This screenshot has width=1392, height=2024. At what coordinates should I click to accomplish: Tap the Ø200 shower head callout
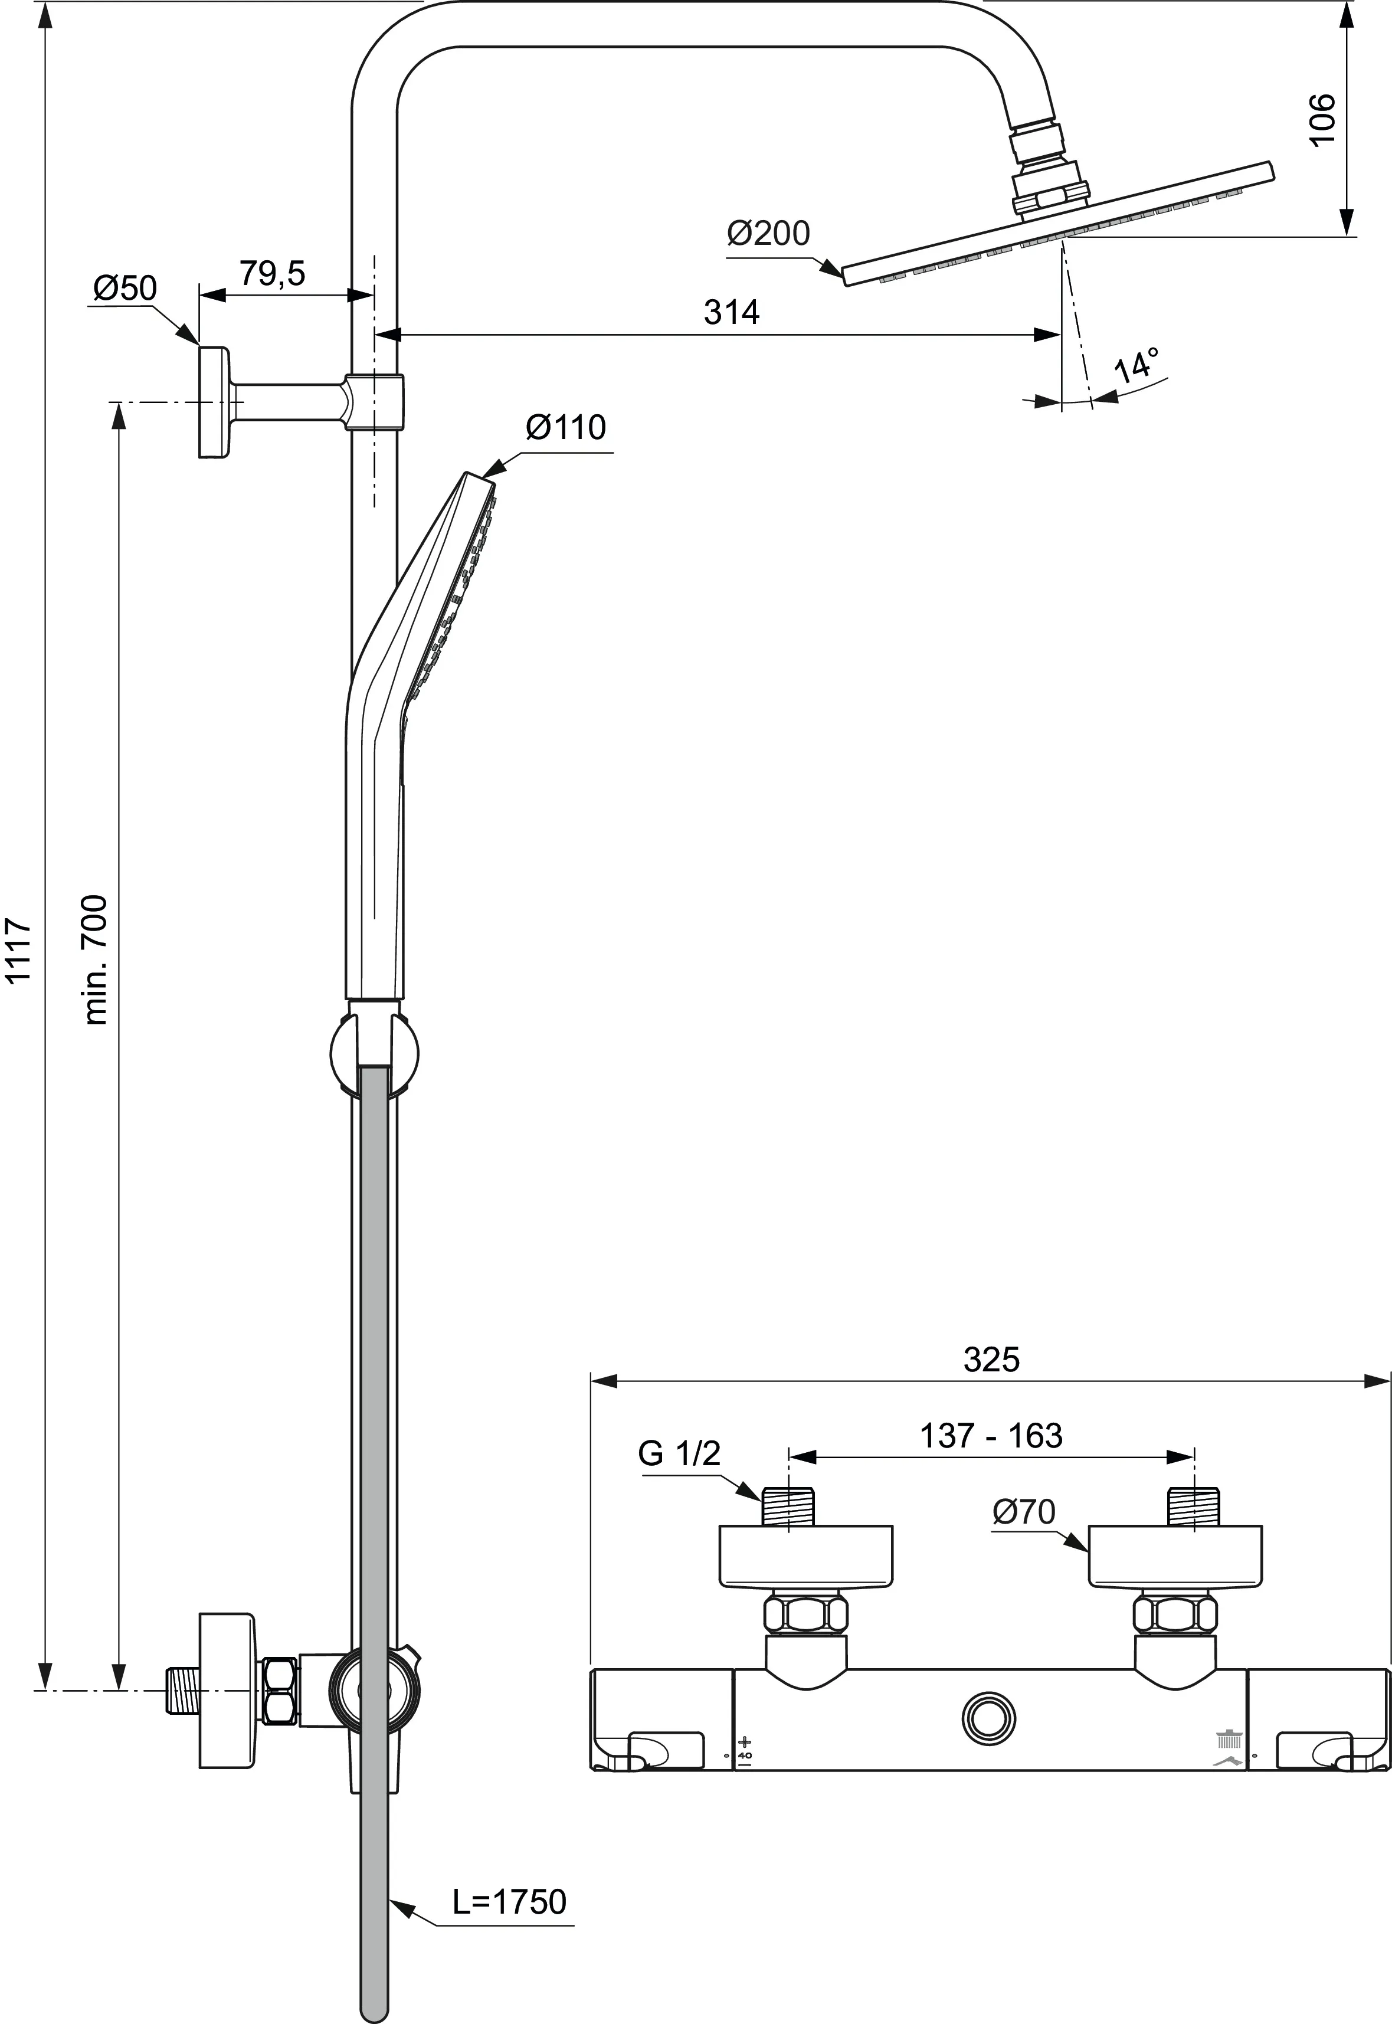tap(768, 233)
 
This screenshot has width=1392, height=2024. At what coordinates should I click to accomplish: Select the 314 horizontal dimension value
tap(732, 312)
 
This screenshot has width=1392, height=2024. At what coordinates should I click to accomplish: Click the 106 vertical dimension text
tap(1322, 119)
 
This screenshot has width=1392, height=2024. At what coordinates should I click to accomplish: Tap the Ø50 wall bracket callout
tap(125, 288)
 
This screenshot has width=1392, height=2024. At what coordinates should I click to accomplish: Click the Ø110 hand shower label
tap(565, 428)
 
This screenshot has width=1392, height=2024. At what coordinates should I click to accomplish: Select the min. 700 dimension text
tap(96, 959)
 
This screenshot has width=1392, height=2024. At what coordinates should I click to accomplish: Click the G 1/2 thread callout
tap(679, 1454)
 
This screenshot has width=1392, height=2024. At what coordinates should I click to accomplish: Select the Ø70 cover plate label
tap(1024, 1512)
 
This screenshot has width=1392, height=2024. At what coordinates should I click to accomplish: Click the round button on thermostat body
tap(989, 1717)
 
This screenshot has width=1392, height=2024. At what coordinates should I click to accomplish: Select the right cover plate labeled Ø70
tap(1174, 1557)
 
